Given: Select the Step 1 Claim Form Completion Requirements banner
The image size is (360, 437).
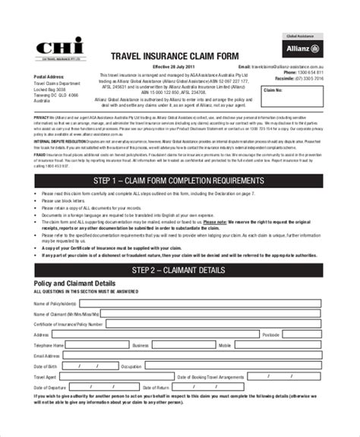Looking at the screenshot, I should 179,181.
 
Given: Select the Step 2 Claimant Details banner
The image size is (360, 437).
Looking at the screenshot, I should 179,269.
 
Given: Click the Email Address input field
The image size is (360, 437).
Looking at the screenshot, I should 194,355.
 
